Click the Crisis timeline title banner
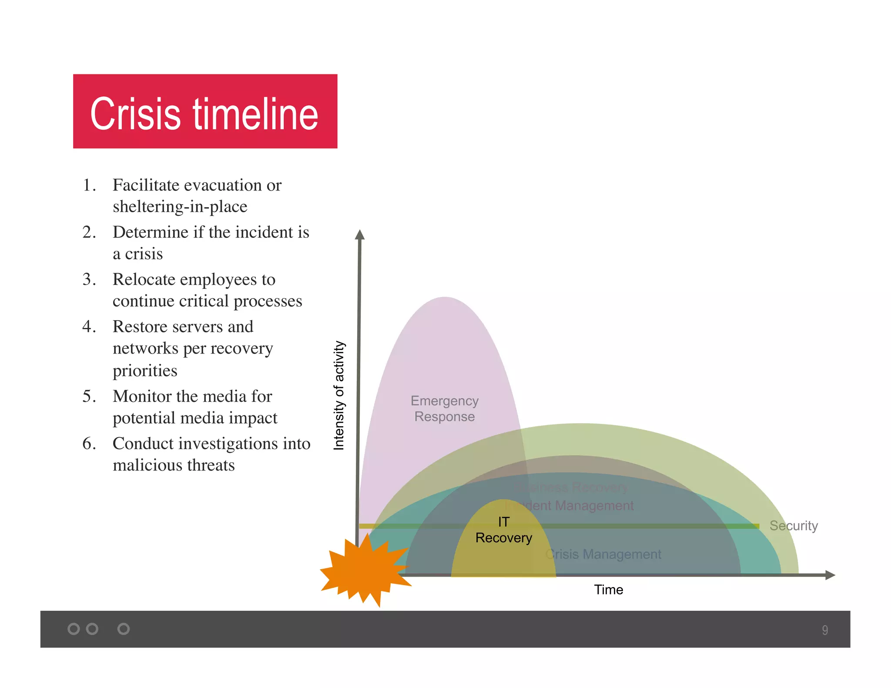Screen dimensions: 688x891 [205, 112]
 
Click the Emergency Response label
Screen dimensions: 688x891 [444, 408]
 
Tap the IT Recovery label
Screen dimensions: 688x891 [503, 530]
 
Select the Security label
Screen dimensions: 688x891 [793, 525]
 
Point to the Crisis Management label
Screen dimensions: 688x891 [603, 554]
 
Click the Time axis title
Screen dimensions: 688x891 [608, 590]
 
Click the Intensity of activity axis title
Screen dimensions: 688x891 [338, 395]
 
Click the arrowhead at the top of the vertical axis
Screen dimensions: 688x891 [359, 235]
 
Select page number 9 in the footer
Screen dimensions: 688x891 [824, 630]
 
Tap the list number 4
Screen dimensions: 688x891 [89, 327]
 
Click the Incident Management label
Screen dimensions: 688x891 [573, 505]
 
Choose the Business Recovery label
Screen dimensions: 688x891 [573, 487]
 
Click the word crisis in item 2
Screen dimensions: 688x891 [144, 254]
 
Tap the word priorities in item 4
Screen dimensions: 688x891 [145, 371]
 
